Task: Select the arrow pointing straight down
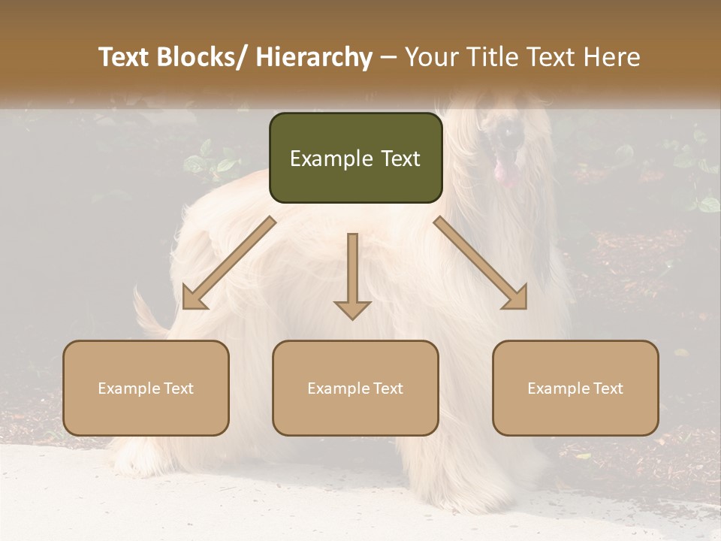click(352, 278)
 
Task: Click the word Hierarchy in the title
click(313, 57)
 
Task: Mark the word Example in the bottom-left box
click(128, 388)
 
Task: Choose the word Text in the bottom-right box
click(608, 388)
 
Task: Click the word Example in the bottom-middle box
click(338, 388)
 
